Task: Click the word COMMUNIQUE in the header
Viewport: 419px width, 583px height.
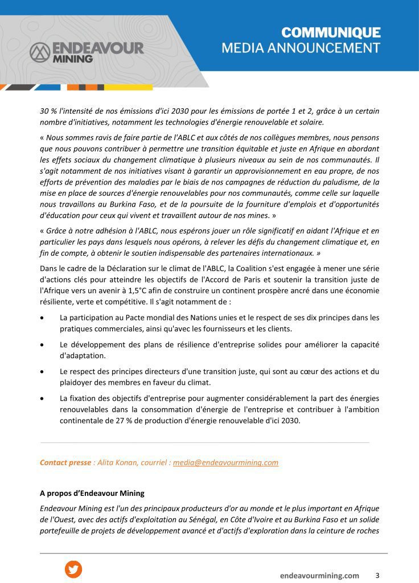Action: point(331,32)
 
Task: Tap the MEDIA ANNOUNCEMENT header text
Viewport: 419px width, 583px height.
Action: point(301,48)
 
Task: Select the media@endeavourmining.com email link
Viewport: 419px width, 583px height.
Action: point(225,462)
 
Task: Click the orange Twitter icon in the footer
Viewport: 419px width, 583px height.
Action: point(73,569)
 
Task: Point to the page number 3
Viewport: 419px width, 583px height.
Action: point(377,575)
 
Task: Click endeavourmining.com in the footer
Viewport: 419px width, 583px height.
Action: point(319,576)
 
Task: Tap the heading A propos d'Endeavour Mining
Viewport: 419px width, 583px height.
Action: point(92,493)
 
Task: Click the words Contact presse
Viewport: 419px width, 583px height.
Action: point(65,462)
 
